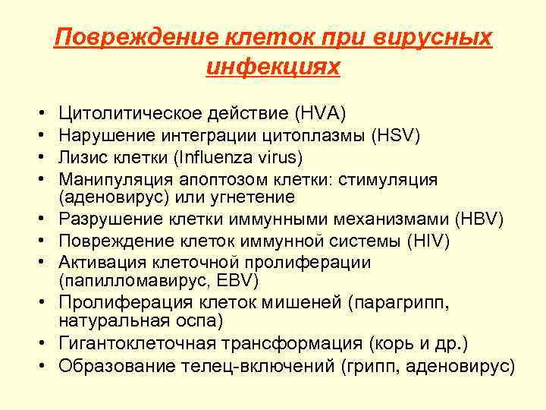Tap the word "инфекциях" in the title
pos(273,66)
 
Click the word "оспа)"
pos(199,320)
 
